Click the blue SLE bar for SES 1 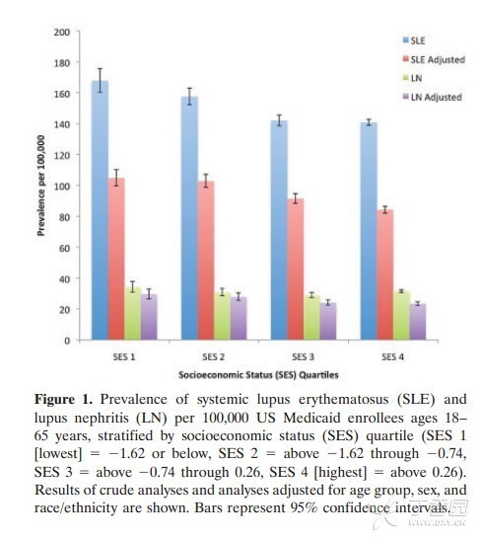pos(101,210)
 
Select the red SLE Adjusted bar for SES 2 pos(206,261)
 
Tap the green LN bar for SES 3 pos(311,318)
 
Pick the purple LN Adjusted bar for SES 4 pos(418,322)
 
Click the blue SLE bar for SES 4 pos(369,231)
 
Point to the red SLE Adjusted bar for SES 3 pos(296,270)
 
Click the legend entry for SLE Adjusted pos(435,59)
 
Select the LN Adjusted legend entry pos(433,97)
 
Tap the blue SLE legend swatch pos(406,40)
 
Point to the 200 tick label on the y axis pos(62,32)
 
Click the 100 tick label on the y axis pos(62,186)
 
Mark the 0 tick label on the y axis pos(67,341)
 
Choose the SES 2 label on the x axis pos(214,356)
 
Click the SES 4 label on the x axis pos(392,356)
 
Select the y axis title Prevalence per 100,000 pos(41,186)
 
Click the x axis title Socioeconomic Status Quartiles pos(258,375)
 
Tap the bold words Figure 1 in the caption pos(64,400)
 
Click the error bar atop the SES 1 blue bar pos(101,80)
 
